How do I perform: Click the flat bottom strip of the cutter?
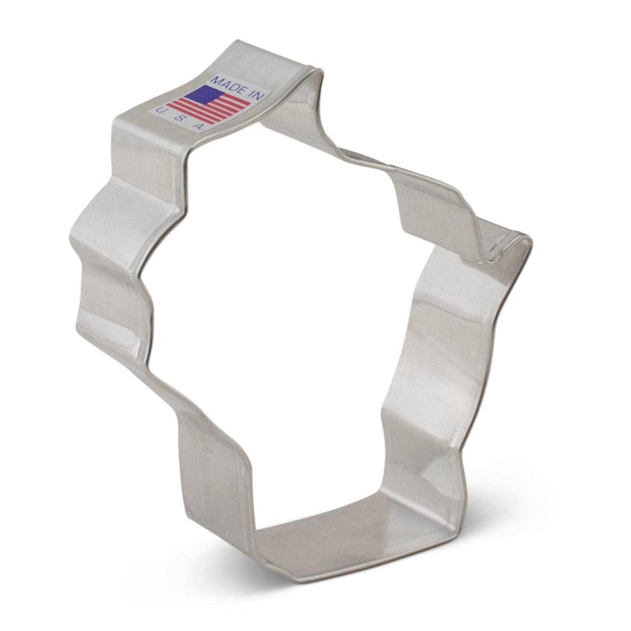coord(355,533)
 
